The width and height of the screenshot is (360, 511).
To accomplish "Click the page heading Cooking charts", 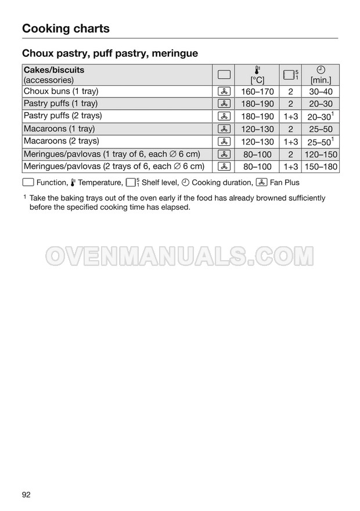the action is pyautogui.click(x=66, y=28).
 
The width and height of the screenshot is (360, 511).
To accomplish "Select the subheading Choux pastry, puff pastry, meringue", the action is pyautogui.click(x=110, y=53).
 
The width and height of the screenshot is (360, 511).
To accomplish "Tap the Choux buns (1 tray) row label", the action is pyautogui.click(x=61, y=91).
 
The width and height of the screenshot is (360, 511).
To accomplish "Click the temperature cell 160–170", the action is pyautogui.click(x=257, y=92).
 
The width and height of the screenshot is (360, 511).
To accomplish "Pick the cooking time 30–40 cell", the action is pyautogui.click(x=321, y=92).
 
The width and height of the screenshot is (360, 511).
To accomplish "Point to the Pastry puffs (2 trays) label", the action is pyautogui.click(x=63, y=116).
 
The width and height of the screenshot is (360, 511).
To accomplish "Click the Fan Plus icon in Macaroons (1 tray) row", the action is pyautogui.click(x=224, y=129).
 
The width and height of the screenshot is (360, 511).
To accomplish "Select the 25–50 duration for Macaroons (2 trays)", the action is pyautogui.click(x=319, y=142).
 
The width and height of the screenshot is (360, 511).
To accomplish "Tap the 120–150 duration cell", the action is pyautogui.click(x=321, y=154).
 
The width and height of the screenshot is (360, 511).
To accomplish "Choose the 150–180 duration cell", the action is pyautogui.click(x=321, y=167).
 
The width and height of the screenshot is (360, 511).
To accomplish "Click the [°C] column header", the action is pyautogui.click(x=257, y=80).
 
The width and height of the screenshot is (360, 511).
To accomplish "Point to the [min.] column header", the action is pyautogui.click(x=321, y=80).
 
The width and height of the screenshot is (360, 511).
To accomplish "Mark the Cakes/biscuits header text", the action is pyautogui.click(x=53, y=70).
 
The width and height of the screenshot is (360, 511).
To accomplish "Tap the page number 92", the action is pyautogui.click(x=26, y=494).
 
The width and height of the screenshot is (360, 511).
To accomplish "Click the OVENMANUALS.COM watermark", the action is pyautogui.click(x=180, y=255).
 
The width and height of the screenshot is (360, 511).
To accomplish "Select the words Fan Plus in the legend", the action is pyautogui.click(x=285, y=182).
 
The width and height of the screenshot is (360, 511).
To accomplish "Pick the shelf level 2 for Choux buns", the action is pyautogui.click(x=290, y=92).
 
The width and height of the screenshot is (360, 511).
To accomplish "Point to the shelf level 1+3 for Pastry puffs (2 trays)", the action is pyautogui.click(x=290, y=117).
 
